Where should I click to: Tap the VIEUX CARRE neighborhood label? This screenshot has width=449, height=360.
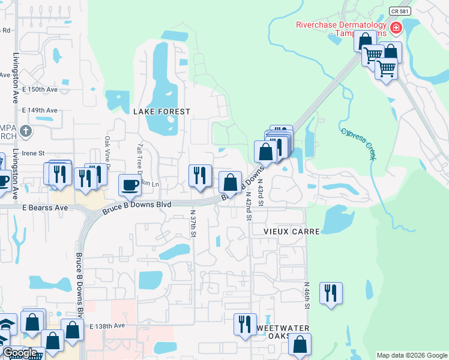tap(285, 230)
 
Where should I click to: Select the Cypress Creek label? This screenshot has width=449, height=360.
tap(358, 143)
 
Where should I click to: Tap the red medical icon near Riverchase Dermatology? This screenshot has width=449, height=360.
tap(396, 28)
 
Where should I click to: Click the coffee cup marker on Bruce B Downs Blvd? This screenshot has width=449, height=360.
tap(130, 185)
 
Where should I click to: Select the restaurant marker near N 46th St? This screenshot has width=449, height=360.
tap(331, 293)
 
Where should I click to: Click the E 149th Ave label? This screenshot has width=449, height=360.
tap(40, 110)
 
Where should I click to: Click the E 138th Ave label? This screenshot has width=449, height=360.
tap(107, 326)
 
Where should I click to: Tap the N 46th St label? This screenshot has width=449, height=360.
tap(307, 295)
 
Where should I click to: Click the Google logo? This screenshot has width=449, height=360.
tap(19, 352)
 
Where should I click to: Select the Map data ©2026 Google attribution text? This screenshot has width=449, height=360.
tap(411, 355)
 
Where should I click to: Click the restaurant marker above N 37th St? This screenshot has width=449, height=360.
tap(200, 175)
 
